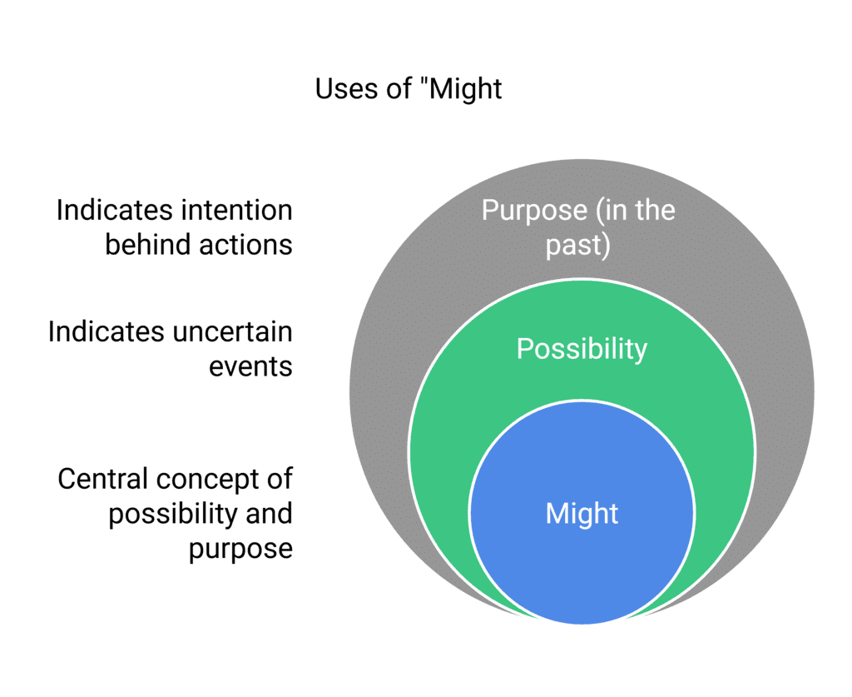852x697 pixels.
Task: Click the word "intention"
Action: (237, 211)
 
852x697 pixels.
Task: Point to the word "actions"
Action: (245, 245)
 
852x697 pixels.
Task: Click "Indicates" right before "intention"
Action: (115, 211)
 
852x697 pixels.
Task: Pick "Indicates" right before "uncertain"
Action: (106, 331)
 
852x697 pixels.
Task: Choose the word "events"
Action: (251, 367)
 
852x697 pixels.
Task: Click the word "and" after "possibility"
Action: (269, 514)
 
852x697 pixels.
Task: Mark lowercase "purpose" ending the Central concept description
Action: (240, 550)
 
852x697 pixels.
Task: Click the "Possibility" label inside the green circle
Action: (582, 349)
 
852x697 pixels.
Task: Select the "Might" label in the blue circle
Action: (582, 514)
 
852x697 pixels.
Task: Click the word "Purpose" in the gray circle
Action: (534, 211)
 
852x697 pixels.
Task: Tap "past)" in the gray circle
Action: (578, 246)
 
